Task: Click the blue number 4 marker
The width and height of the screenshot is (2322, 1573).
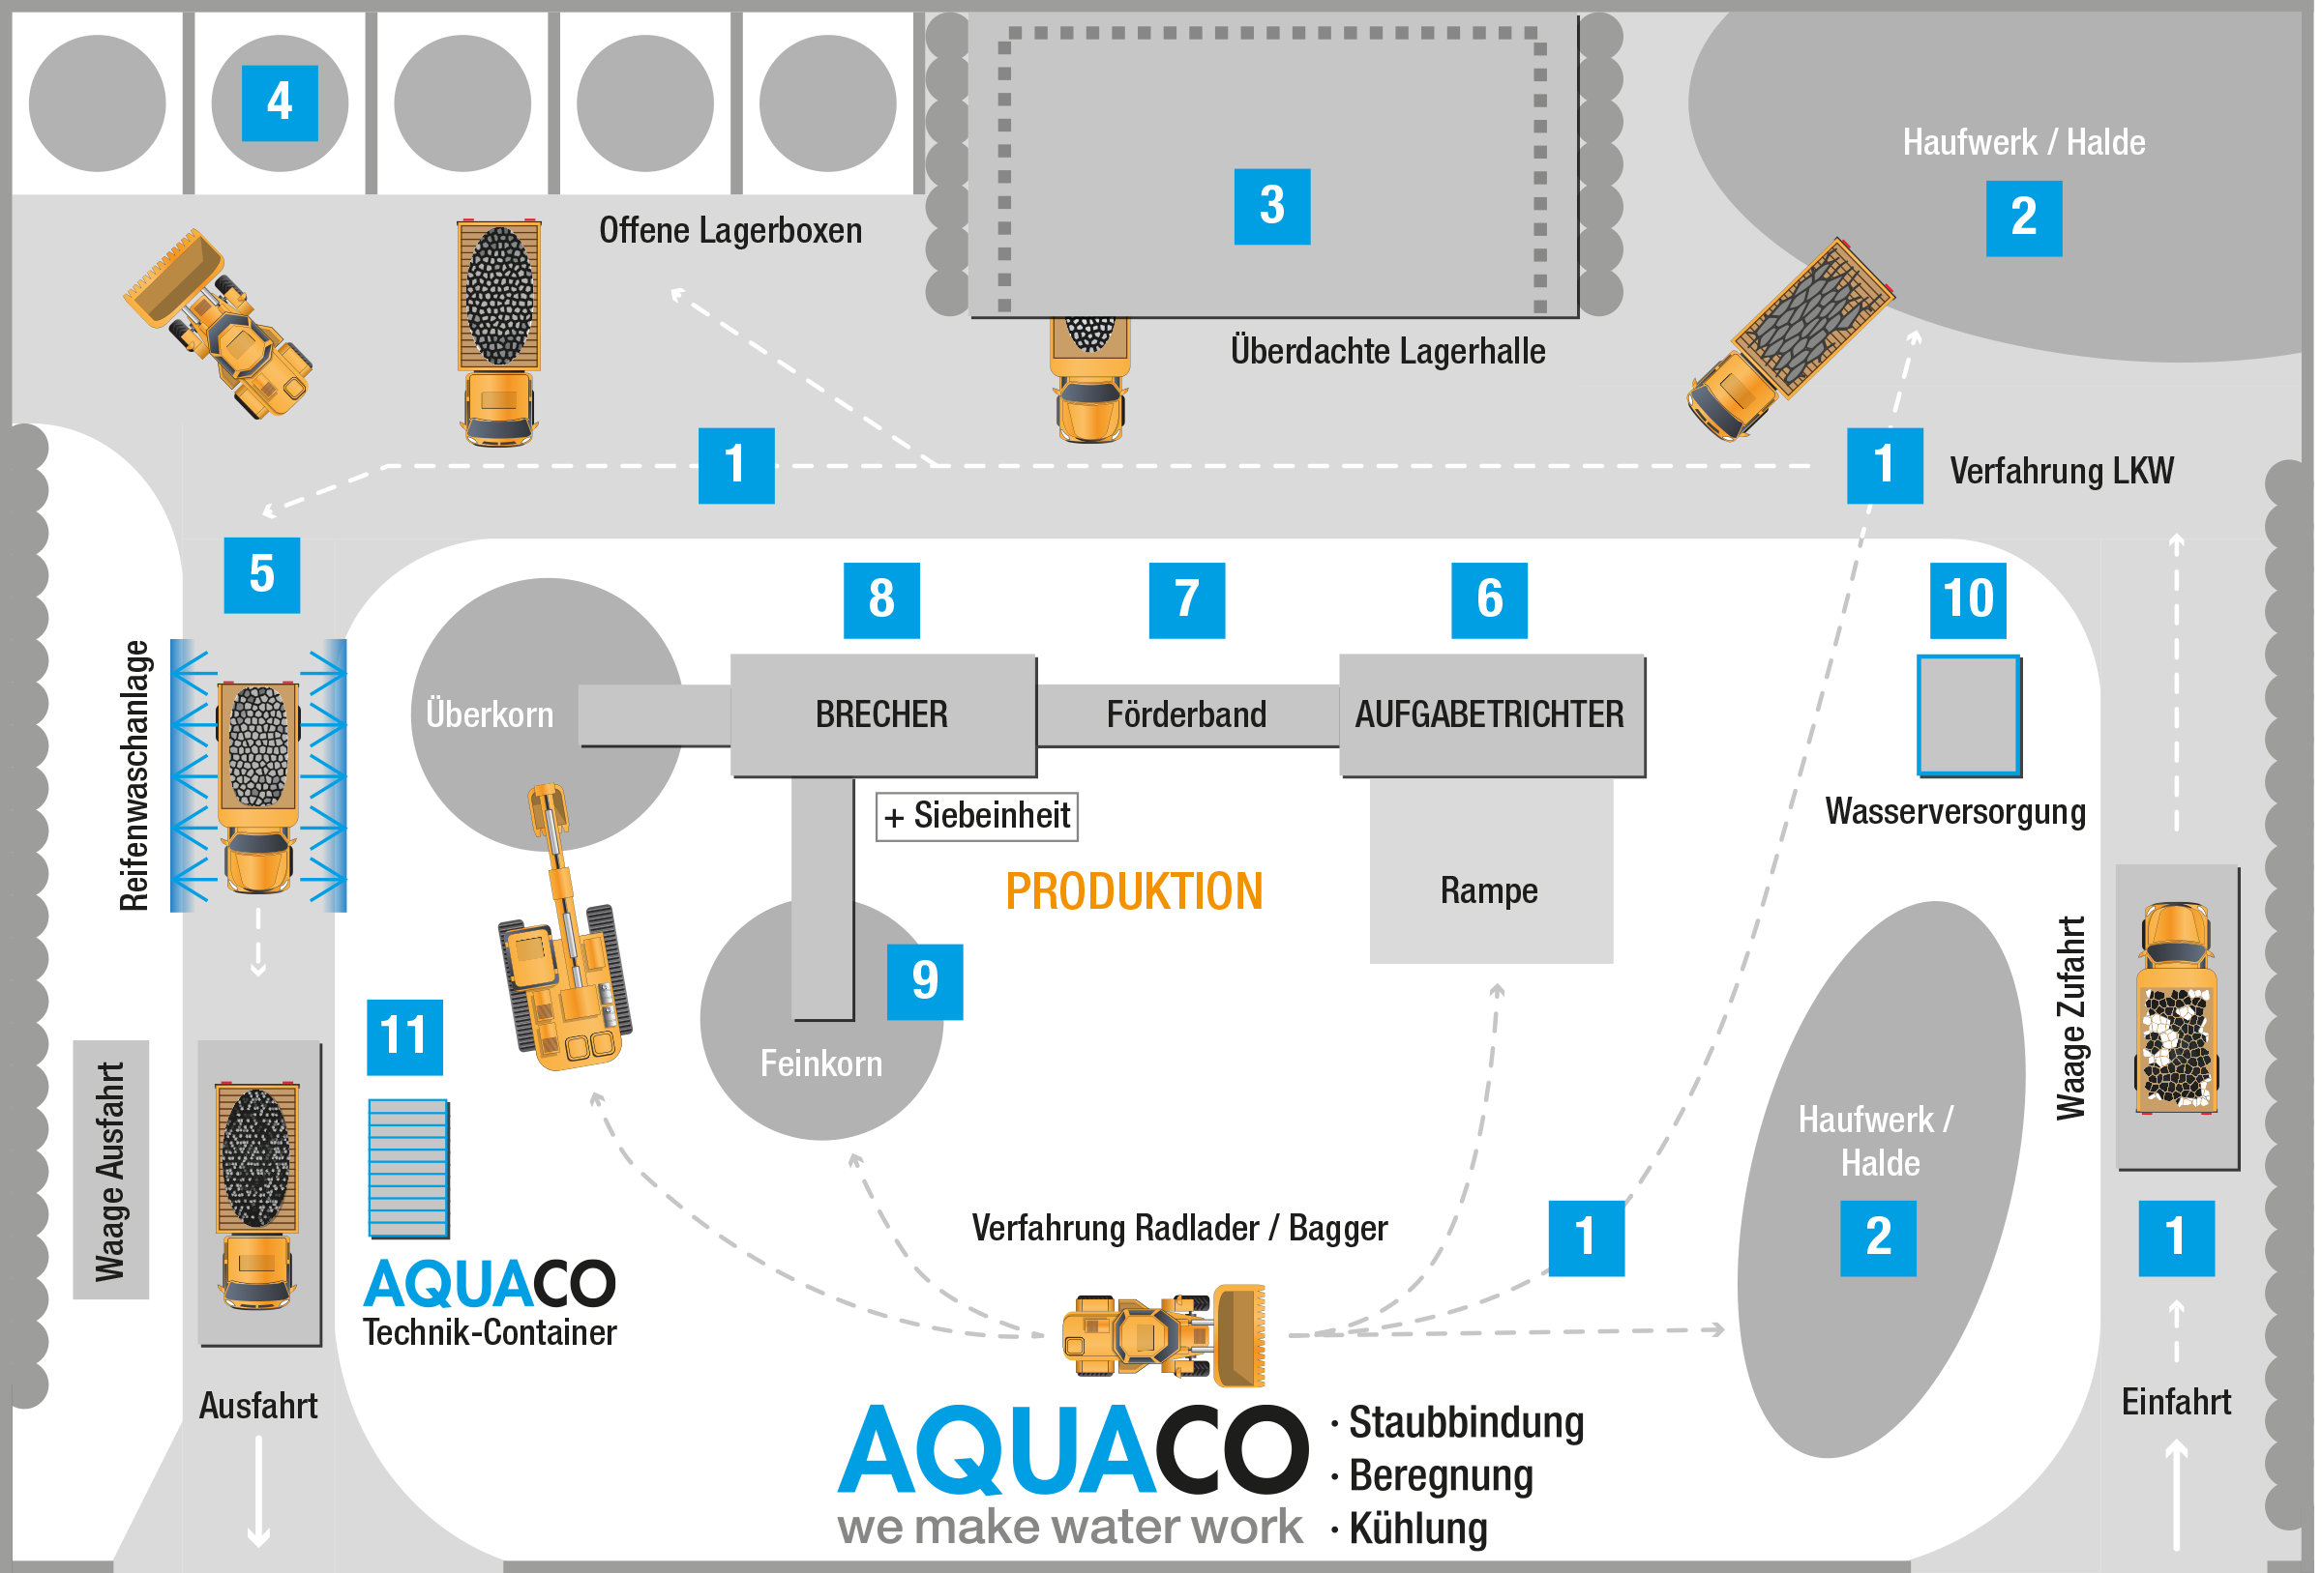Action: (x=280, y=102)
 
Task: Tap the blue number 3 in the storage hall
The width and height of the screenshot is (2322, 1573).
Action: (x=1272, y=207)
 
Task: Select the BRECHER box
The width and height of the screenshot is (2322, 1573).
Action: (x=883, y=715)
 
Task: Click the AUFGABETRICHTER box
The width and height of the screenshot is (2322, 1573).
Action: (x=1492, y=715)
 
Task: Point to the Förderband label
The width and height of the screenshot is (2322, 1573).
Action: (x=1186, y=715)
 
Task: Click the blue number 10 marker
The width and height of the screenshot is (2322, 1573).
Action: (x=1967, y=600)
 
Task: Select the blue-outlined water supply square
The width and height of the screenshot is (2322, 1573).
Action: (x=1968, y=715)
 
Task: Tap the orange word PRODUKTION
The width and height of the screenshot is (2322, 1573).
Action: (x=1134, y=891)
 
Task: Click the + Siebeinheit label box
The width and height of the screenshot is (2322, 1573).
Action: (x=977, y=816)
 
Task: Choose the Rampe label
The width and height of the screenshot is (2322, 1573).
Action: (x=1489, y=890)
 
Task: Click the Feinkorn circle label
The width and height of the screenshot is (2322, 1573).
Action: (x=821, y=1064)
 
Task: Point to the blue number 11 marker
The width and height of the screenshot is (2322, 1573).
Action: (x=404, y=1036)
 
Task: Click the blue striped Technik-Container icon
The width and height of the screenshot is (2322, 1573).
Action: (x=408, y=1169)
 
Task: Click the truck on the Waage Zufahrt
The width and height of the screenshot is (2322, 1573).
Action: (x=2177, y=1008)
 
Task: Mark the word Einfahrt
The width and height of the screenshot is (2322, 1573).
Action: (x=2176, y=1403)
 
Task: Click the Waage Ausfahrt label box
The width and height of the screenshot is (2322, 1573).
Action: (x=111, y=1170)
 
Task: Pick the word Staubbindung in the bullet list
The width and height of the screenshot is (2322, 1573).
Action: (x=1467, y=1422)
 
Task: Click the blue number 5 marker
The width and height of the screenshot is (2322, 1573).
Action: (x=262, y=575)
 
